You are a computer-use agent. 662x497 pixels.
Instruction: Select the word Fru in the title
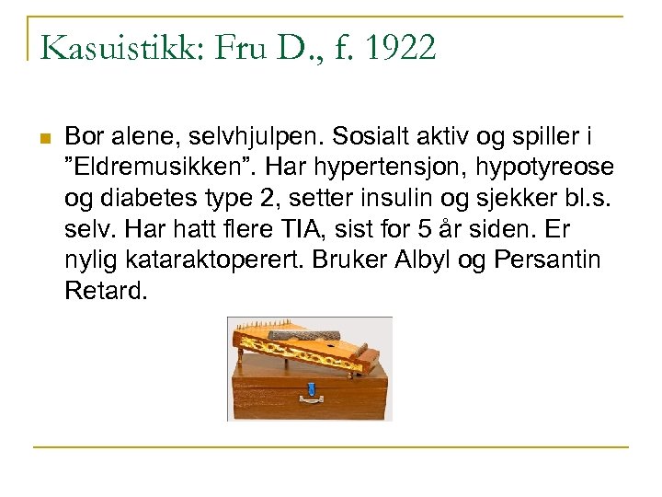pos(241,48)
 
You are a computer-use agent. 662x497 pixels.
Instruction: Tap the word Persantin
pos(547,260)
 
